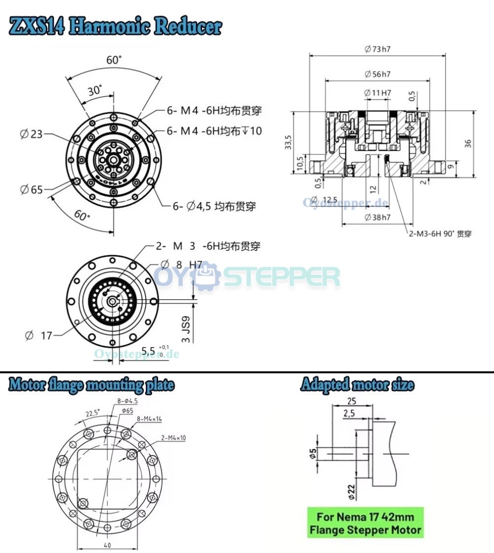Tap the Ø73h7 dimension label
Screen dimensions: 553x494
[x=377, y=49]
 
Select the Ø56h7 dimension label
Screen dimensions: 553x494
[x=377, y=74]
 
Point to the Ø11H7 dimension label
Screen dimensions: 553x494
[x=377, y=93]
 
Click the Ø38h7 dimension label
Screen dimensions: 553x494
[x=377, y=217]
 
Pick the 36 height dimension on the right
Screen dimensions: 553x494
[x=468, y=143]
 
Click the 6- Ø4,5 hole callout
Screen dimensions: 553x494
[x=214, y=206]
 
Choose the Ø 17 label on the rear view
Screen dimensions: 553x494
[x=38, y=336]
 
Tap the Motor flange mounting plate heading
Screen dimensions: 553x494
[x=91, y=385]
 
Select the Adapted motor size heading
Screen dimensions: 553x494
[x=357, y=385]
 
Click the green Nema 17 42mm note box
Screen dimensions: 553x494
[x=366, y=523]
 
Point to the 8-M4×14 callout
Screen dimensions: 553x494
[x=150, y=419]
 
